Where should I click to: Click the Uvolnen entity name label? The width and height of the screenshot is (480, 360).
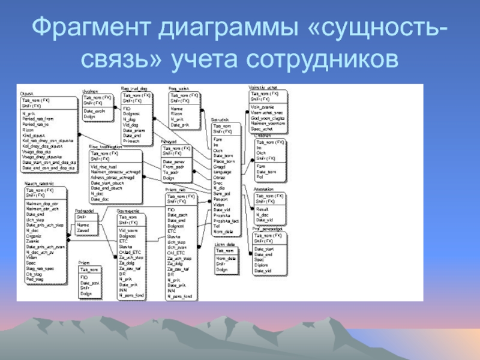click(x=89, y=91)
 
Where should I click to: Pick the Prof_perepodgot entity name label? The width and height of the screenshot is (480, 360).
click(x=267, y=228)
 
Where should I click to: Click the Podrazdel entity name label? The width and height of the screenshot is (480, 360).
click(x=85, y=211)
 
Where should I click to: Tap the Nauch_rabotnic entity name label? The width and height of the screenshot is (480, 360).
click(x=39, y=183)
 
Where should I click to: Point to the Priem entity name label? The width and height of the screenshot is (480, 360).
click(x=83, y=263)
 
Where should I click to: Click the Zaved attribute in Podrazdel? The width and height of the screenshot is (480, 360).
click(x=83, y=230)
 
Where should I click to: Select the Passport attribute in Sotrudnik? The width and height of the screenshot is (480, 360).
click(x=220, y=199)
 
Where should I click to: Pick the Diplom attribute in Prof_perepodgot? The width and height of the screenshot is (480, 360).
click(x=262, y=265)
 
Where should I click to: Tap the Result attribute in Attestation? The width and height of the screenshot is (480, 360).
click(x=262, y=209)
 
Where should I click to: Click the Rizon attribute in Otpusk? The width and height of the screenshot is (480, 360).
click(x=29, y=129)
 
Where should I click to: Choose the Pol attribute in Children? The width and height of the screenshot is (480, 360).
click(x=259, y=177)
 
